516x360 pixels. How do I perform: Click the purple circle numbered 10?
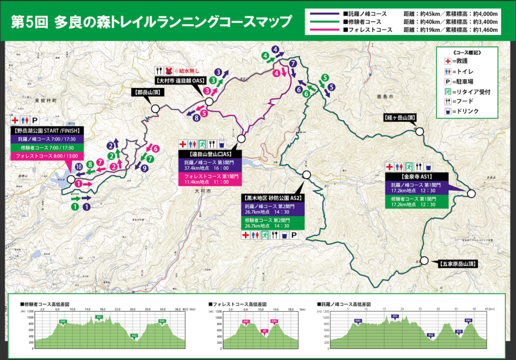pos(79,167)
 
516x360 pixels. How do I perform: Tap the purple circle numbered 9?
pos(145,169)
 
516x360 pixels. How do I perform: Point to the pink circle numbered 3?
pos(207,91)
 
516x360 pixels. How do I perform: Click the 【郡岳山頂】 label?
pos(146,92)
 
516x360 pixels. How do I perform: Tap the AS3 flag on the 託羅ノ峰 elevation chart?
pos(459,331)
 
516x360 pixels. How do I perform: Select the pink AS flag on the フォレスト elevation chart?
pos(264,331)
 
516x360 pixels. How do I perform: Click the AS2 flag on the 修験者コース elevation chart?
pos(134,335)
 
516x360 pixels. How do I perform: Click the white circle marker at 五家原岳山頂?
pos(424,261)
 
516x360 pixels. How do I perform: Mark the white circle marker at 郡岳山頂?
pos(155,108)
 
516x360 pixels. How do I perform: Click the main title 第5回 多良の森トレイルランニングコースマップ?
pos(151,22)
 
